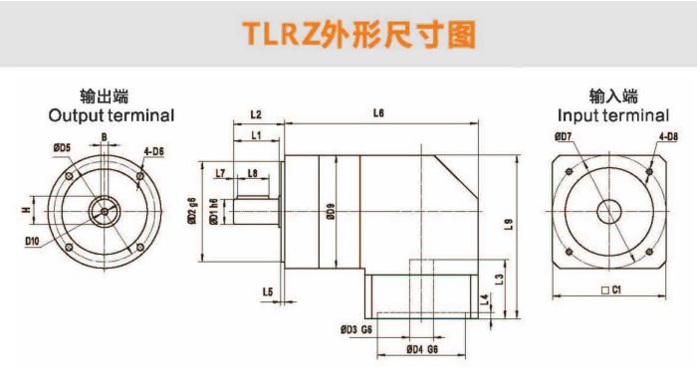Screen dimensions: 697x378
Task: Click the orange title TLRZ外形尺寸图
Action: [x=358, y=34]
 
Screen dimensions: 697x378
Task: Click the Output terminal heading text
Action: [x=112, y=115]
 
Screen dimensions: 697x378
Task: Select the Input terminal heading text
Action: [x=613, y=115]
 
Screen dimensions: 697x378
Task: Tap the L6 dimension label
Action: [x=378, y=113]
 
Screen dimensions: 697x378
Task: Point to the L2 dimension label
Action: [x=256, y=114]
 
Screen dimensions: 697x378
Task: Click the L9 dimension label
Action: [x=509, y=224]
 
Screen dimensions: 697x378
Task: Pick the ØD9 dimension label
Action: [x=331, y=212]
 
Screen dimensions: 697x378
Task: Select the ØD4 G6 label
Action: [x=422, y=349]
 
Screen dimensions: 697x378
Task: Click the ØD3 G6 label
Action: [x=356, y=329]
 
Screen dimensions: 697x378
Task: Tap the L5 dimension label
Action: [x=268, y=291]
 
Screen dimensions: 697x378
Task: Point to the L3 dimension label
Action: [x=500, y=279]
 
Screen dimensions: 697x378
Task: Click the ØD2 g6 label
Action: [x=192, y=211]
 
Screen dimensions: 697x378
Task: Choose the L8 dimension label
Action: [x=253, y=173]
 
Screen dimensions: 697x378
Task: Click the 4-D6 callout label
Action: [x=153, y=151]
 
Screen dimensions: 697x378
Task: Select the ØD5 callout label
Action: [x=62, y=147]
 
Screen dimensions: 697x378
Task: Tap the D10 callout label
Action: [x=32, y=241]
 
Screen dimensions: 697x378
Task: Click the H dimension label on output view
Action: [x=27, y=210]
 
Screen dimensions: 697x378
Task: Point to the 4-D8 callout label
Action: [x=668, y=137]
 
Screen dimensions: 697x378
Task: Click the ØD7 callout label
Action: [x=563, y=137]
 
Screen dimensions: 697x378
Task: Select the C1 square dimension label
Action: [x=611, y=290]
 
